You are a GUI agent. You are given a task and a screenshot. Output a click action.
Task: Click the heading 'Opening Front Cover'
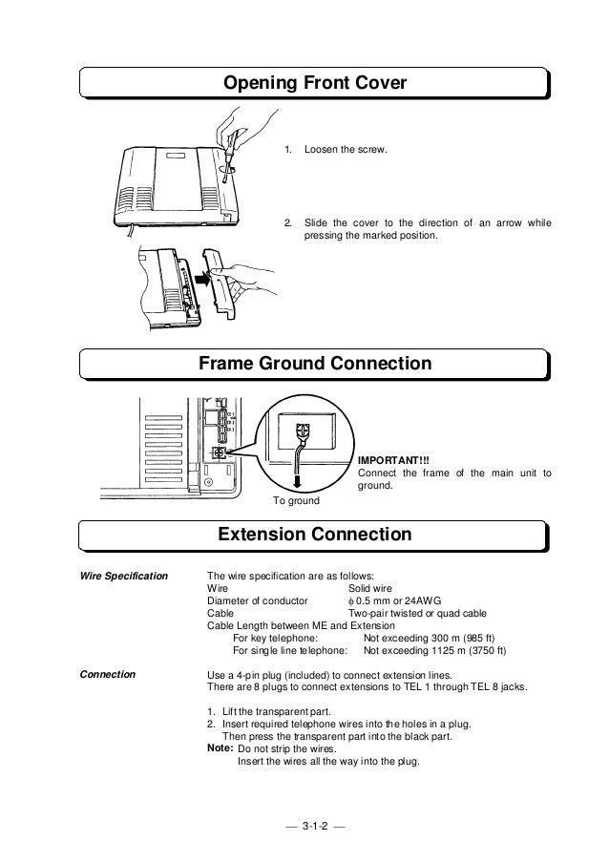(x=315, y=85)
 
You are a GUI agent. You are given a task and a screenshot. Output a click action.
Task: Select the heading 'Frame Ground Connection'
(x=314, y=365)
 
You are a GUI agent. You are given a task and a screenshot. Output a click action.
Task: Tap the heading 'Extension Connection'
(x=315, y=536)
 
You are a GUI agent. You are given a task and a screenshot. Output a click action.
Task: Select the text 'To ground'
(x=297, y=499)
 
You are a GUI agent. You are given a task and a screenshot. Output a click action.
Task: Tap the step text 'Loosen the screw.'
(x=346, y=151)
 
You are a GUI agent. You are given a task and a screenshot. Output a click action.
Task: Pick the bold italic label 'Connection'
(x=110, y=674)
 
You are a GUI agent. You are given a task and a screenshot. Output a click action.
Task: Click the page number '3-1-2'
(x=314, y=824)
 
